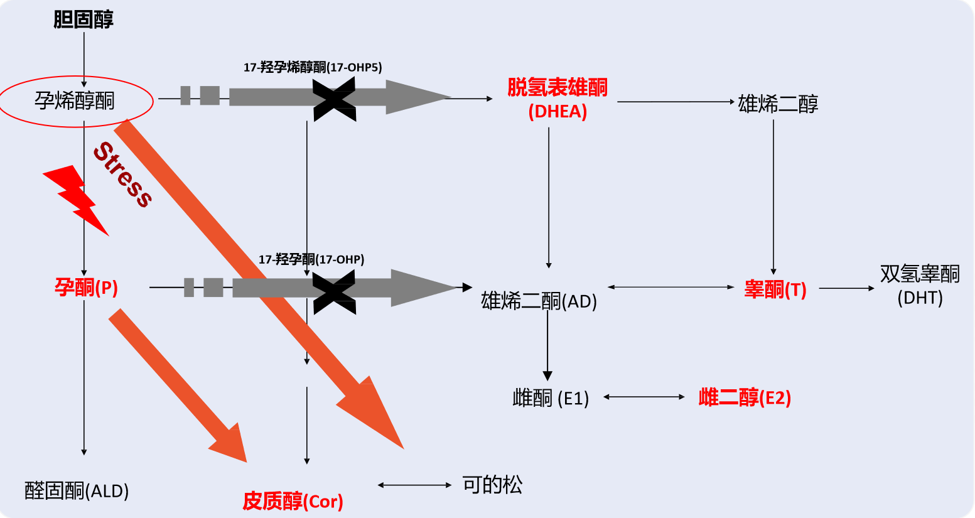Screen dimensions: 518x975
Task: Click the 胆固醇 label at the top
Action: pyautogui.click(x=83, y=19)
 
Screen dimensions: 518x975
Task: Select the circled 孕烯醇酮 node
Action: pyautogui.click(x=75, y=100)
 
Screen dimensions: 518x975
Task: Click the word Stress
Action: pyautogui.click(x=123, y=175)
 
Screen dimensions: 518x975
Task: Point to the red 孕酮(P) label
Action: pyautogui.click(x=86, y=288)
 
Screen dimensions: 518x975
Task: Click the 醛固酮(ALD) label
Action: pyautogui.click(x=77, y=490)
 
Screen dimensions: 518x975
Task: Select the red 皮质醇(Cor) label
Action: pyautogui.click(x=293, y=501)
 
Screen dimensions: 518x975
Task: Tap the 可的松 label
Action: pyautogui.click(x=492, y=485)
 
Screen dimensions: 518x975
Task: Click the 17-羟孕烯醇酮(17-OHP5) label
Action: pyautogui.click(x=313, y=67)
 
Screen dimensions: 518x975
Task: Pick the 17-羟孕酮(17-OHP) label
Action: pyautogui.click(x=311, y=259)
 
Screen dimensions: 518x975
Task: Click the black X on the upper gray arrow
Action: pyautogui.click(x=335, y=99)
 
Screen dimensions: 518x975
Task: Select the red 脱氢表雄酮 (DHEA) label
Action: pyautogui.click(x=558, y=99)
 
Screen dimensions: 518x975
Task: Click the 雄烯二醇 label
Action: pyautogui.click(x=778, y=104)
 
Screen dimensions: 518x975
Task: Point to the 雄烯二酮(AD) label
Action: pyautogui.click(x=539, y=301)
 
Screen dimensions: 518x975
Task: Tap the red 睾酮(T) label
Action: pyautogui.click(x=775, y=289)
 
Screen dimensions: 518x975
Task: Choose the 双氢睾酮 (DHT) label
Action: pyautogui.click(x=920, y=285)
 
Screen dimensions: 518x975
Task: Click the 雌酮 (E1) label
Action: pyautogui.click(x=551, y=398)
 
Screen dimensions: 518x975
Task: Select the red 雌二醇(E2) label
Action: pyautogui.click(x=745, y=397)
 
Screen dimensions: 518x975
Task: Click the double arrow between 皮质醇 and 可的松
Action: pyautogui.click(x=414, y=485)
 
